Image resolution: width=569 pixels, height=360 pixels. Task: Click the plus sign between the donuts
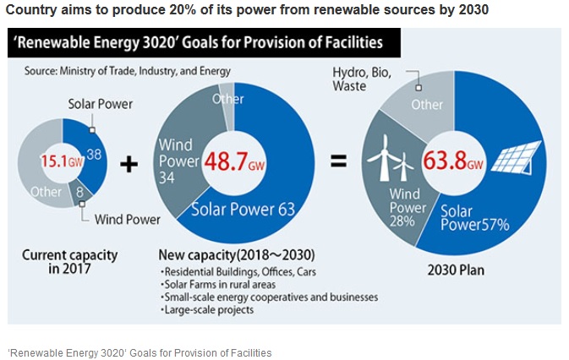129,163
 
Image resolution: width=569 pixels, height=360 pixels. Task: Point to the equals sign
338,161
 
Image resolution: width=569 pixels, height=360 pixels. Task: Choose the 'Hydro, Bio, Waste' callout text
361,79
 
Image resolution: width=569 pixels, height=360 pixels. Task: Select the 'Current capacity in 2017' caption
70,261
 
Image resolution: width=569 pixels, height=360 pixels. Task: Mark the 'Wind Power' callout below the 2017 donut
128,220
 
